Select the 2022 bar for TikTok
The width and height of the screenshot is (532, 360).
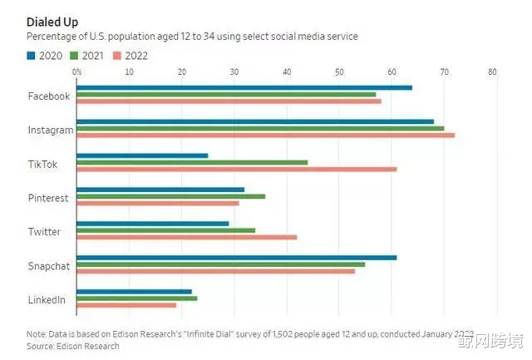click(x=236, y=169)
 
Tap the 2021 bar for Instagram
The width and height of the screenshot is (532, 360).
click(x=260, y=128)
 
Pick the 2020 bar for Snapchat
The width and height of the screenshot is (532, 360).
click(x=236, y=257)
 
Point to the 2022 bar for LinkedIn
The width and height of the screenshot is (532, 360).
click(x=126, y=305)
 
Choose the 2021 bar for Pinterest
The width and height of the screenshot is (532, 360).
click(x=170, y=196)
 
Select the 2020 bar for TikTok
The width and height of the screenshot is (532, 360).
click(x=142, y=155)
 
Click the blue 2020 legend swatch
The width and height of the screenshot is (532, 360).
click(x=31, y=56)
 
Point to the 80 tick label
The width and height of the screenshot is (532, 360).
click(x=492, y=72)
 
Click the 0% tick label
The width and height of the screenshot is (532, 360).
click(x=77, y=72)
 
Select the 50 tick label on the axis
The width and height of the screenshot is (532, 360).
click(x=339, y=72)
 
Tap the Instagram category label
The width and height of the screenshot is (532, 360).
click(x=51, y=130)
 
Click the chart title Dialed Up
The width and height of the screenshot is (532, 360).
click(x=52, y=21)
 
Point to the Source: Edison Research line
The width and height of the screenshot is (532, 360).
click(x=73, y=346)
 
